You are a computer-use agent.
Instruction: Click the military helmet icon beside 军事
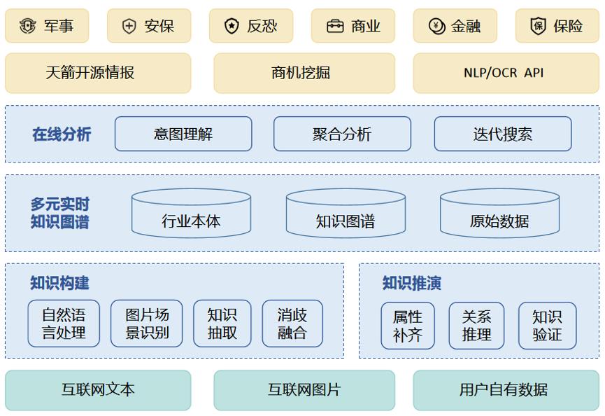click(27, 26)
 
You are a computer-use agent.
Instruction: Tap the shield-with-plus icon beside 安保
click(129, 27)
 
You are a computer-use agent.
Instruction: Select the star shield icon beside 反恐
click(232, 26)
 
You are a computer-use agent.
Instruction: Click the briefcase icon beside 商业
click(335, 27)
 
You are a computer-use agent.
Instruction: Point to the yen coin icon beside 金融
click(436, 27)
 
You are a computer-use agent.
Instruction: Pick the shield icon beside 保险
click(539, 26)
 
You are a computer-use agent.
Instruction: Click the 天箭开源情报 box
click(98, 73)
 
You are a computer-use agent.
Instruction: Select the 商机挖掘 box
click(304, 73)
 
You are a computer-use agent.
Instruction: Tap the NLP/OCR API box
click(506, 73)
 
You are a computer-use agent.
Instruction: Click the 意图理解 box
click(183, 134)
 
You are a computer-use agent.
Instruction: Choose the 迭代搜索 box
click(503, 134)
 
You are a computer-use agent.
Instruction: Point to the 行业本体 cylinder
click(191, 213)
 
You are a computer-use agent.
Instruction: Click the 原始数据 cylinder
click(499, 213)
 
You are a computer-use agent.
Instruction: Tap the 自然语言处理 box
click(64, 324)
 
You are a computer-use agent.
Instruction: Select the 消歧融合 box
click(292, 324)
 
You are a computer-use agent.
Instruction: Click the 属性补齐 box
click(408, 326)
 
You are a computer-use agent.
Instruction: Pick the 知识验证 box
click(547, 326)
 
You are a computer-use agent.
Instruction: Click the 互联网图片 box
click(304, 390)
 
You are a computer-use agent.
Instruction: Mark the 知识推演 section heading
click(412, 283)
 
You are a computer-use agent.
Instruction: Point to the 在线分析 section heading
click(62, 134)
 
